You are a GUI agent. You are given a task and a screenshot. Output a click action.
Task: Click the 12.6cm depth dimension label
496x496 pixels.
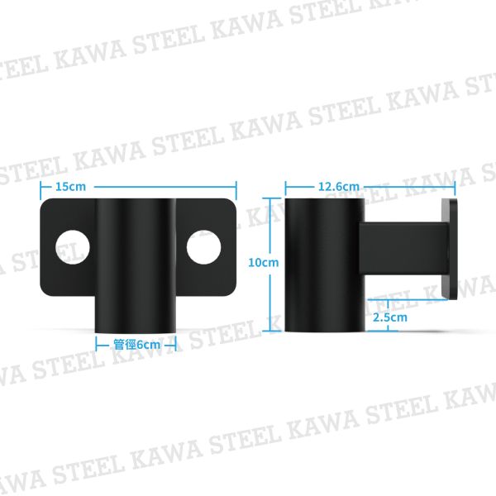coord(338,187)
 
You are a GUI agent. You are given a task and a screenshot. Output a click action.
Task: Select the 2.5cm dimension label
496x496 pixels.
coord(389,317)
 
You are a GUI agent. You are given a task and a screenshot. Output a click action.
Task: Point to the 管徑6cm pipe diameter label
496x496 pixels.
coord(136,345)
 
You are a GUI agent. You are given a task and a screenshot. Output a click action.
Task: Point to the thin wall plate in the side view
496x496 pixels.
coord(448,248)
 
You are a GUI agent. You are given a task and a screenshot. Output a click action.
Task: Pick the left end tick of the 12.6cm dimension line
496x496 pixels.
coord(286,187)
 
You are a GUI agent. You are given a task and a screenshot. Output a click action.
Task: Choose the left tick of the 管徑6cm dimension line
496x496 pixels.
coord(98,345)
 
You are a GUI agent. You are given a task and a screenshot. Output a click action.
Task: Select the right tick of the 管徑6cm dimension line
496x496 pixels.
coord(176,345)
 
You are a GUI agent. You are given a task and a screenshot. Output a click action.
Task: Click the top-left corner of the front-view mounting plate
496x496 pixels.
coord(43,202)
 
